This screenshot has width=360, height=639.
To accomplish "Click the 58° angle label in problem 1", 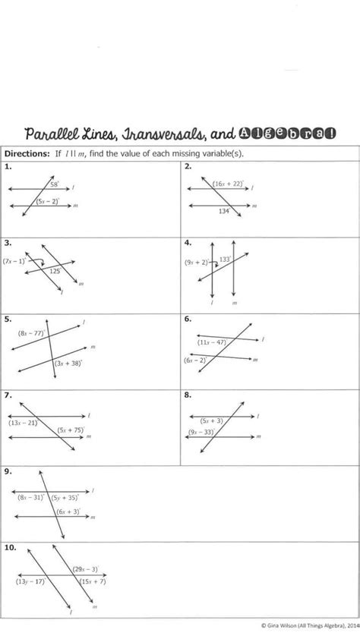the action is tap(55, 184).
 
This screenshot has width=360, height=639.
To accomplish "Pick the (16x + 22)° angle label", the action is tap(228, 184).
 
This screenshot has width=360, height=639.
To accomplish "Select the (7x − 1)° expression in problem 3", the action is tap(14, 260).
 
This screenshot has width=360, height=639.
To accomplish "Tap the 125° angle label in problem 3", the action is tap(55, 270).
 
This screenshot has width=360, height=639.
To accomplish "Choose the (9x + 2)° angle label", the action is tap(196, 262).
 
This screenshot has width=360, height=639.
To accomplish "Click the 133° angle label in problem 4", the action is tap(225, 259).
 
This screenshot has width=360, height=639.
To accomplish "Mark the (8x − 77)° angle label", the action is tap(32, 332).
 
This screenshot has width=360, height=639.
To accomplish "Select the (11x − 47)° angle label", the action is tap(213, 342).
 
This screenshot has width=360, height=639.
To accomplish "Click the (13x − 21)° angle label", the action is tap(24, 423).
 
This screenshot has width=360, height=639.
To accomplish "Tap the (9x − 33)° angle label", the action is tap(201, 432).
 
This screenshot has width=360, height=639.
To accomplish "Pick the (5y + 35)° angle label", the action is tap(68, 498).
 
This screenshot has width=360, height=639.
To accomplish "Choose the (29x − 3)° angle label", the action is tap(84, 568).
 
